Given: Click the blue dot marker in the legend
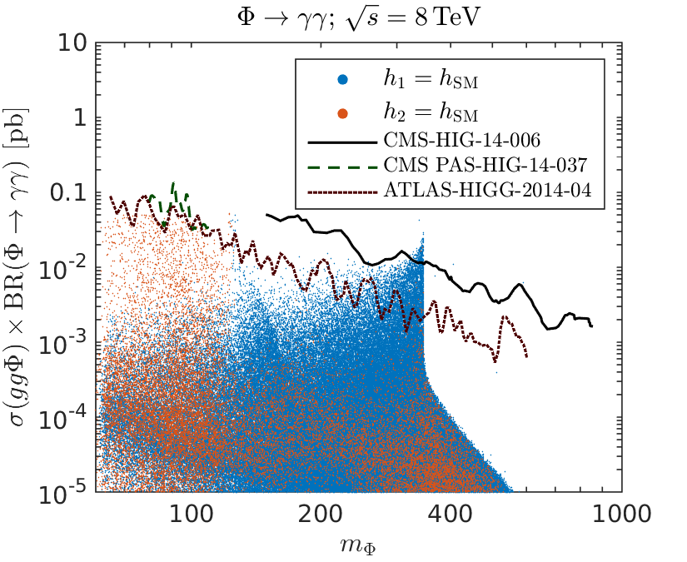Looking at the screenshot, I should coord(342,81).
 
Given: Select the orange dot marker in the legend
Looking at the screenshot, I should coord(342,110).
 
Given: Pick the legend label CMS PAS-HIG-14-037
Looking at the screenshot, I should coord(488,162).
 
